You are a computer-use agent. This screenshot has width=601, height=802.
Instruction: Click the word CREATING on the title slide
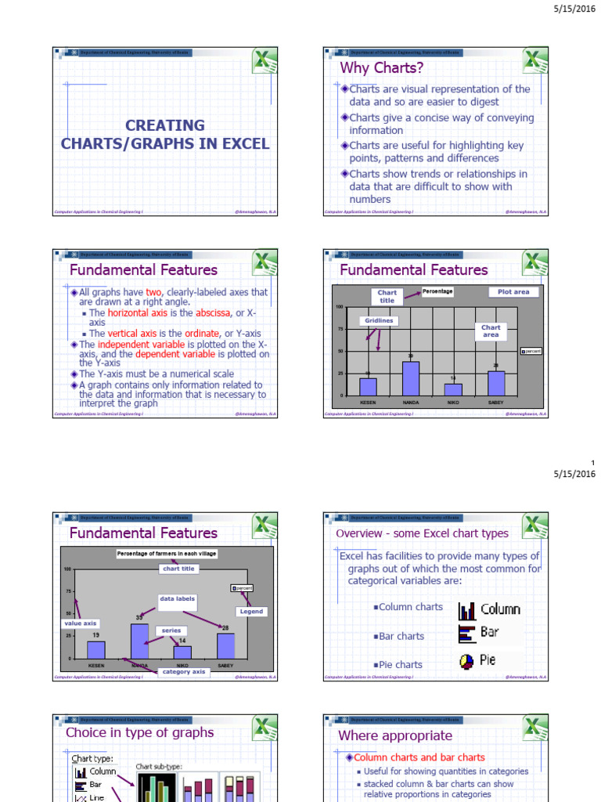point(164,125)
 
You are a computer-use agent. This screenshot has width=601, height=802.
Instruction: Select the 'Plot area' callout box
point(513,292)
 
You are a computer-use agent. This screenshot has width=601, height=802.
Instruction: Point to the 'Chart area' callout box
point(491,331)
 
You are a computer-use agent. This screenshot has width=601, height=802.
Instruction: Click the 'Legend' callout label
point(252,611)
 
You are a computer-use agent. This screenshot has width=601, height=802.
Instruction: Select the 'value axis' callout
point(79,623)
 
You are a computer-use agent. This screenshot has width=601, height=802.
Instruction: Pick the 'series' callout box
point(171,630)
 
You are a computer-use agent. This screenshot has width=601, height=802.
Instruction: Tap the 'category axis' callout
point(183,671)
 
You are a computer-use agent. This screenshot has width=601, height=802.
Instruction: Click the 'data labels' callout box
point(178,598)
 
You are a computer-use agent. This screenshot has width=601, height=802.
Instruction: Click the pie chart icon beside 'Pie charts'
point(467,661)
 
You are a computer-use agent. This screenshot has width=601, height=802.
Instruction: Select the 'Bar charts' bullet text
point(401,636)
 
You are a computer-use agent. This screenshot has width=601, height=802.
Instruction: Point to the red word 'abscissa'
point(214,312)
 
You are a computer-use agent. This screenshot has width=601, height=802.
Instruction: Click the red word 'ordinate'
point(200,333)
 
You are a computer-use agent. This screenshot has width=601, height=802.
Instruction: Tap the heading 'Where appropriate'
point(394,735)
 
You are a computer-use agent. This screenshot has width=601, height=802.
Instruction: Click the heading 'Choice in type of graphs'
point(139,733)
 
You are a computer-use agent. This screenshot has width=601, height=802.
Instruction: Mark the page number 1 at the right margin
point(593,463)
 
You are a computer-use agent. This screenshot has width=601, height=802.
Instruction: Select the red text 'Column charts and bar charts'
point(419,757)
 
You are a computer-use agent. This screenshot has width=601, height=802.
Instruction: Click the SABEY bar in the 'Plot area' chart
point(496,383)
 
